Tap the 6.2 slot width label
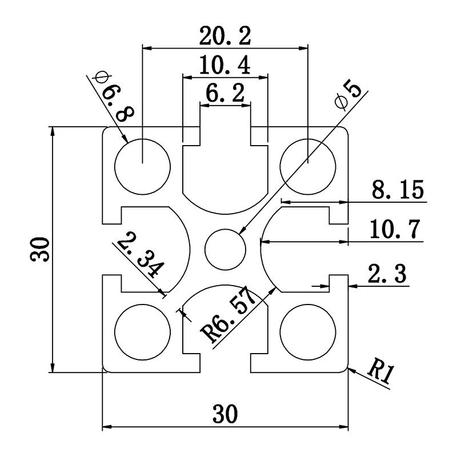225,93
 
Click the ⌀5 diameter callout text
350,94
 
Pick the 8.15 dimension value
398,190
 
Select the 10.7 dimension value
395,230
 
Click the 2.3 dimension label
387,275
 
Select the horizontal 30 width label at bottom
225,414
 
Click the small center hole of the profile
225,250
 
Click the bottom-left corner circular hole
142,332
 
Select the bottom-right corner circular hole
308,332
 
